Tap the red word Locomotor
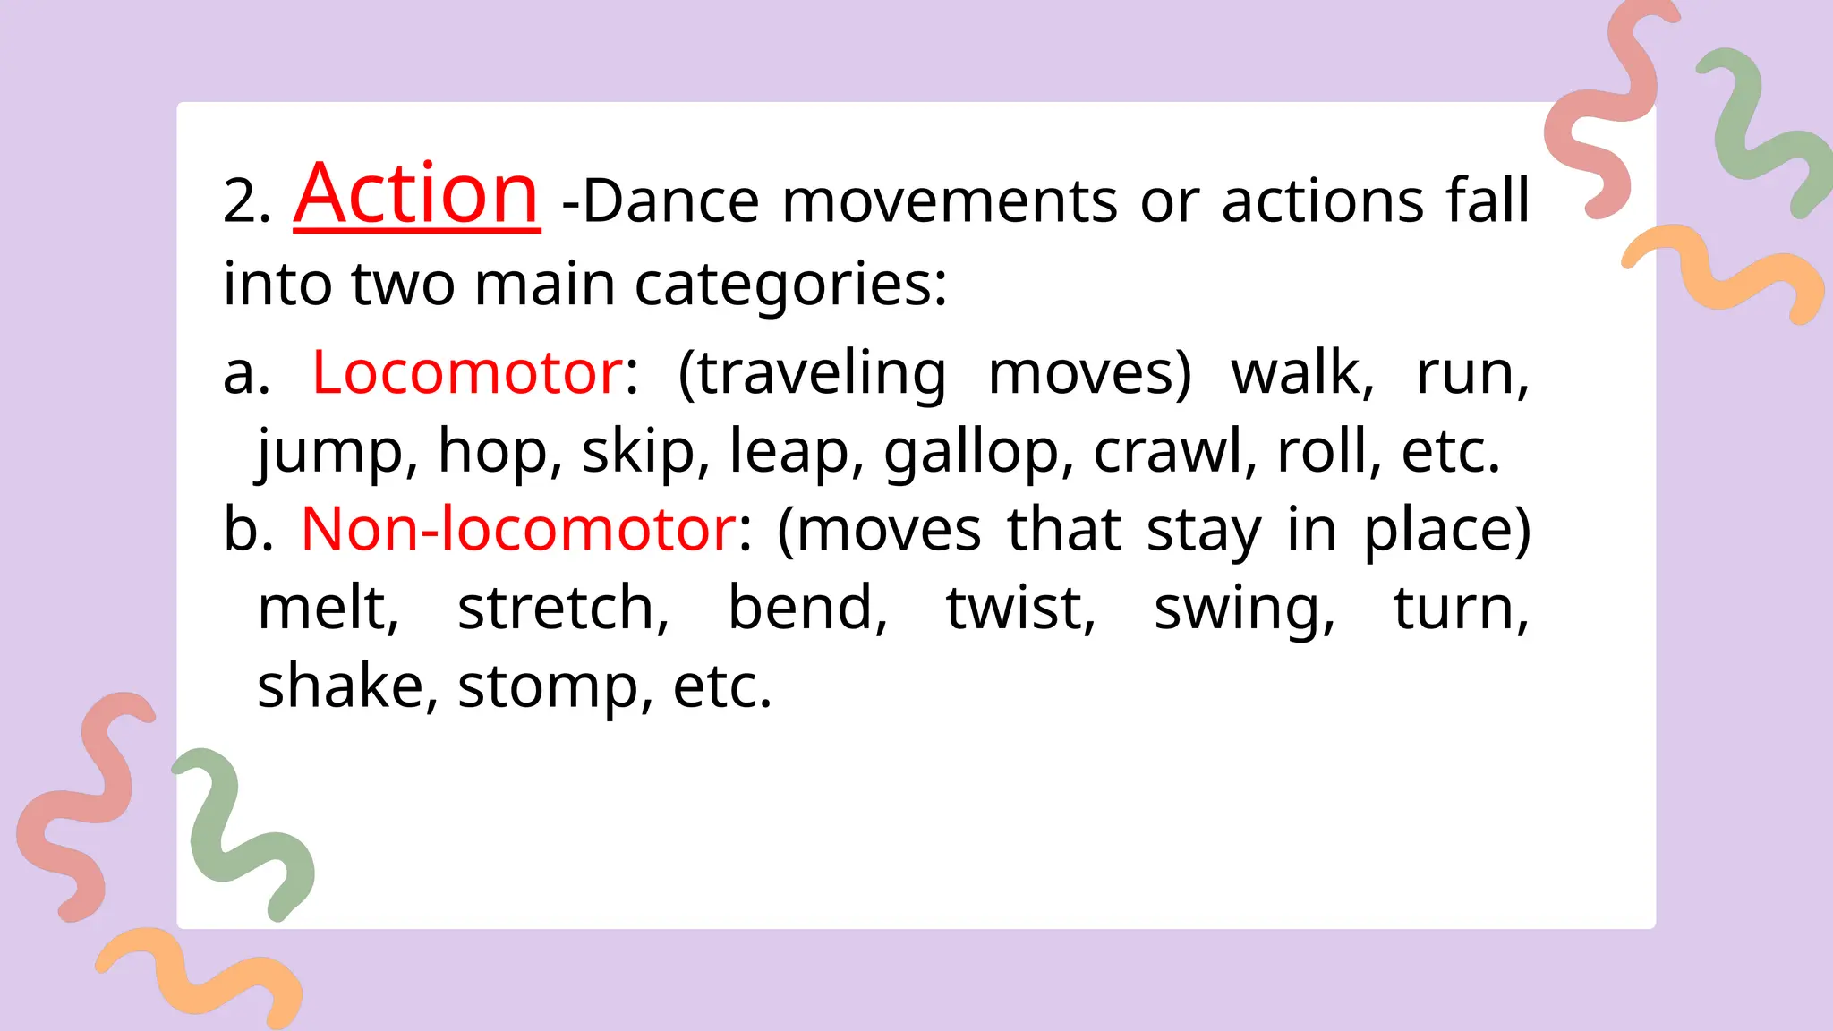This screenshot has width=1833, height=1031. point(467,372)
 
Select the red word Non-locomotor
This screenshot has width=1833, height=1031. point(518,529)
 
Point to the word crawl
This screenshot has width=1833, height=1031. point(1167,451)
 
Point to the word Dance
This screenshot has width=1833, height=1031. point(670,200)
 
